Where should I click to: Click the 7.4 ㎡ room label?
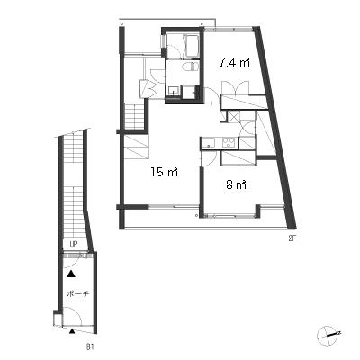[x=235, y=63]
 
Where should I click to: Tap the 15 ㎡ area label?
[x=165, y=172]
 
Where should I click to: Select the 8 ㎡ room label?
[x=237, y=184]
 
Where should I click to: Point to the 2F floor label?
[x=292, y=239]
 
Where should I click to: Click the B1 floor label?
[x=90, y=347]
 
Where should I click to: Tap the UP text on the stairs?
[x=74, y=245]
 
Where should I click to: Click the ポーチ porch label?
[x=78, y=293]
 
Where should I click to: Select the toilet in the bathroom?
[x=190, y=67]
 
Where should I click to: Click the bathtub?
[x=192, y=46]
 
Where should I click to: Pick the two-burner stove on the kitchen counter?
[x=229, y=142]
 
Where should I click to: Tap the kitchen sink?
[x=207, y=143]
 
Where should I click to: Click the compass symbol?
[x=328, y=335]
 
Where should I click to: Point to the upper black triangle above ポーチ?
[x=71, y=274]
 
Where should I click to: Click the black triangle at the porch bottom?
[x=72, y=330]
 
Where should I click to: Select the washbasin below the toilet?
[x=174, y=91]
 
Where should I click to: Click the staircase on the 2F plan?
[x=135, y=115]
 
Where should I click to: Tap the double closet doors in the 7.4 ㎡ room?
[x=235, y=88]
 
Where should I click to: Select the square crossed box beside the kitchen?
[x=233, y=116]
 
